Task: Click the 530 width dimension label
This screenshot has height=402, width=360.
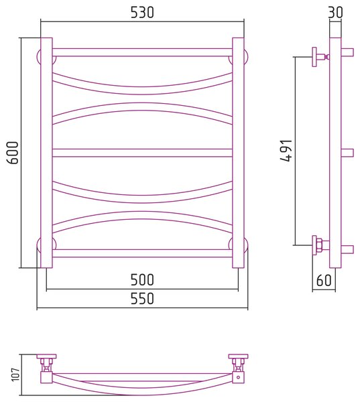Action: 142,12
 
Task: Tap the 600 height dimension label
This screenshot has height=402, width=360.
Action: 13,153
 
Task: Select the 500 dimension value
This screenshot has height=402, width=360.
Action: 142,279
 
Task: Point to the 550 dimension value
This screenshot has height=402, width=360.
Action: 142,298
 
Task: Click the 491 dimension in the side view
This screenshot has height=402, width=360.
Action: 286,151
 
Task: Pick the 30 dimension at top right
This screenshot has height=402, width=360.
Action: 335,12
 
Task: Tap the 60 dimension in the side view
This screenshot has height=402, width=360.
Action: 324,280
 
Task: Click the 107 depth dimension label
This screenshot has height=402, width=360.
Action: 16,375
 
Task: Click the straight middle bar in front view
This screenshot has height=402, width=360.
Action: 142,153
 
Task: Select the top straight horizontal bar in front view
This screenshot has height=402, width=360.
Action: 142,52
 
